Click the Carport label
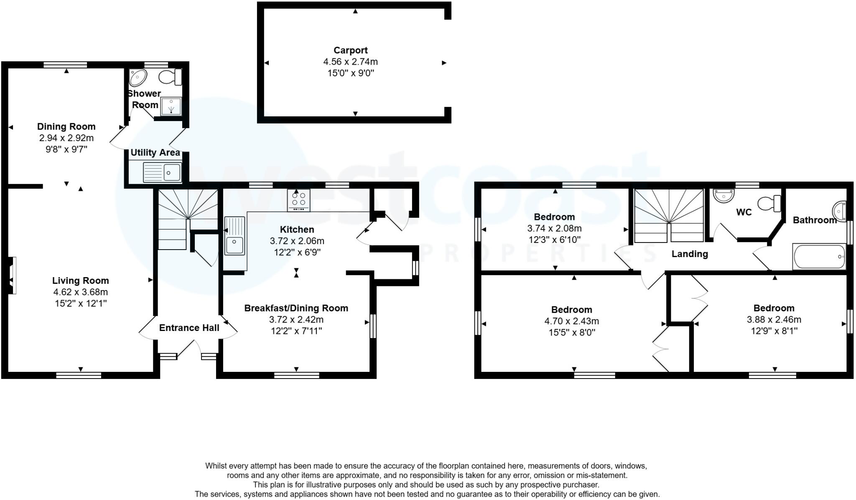point(350,51)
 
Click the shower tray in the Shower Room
point(171,106)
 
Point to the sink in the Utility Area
point(162,172)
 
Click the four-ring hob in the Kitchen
point(298,200)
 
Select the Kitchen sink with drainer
point(234,236)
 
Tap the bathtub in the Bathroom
point(819,257)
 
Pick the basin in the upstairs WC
point(724,195)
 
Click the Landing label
point(690,254)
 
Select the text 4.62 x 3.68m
point(80,292)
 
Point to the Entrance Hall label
point(189,328)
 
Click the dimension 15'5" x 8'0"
point(571,333)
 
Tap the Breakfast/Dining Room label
point(296,308)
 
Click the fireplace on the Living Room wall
point(12,275)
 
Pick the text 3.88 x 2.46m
point(774,320)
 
